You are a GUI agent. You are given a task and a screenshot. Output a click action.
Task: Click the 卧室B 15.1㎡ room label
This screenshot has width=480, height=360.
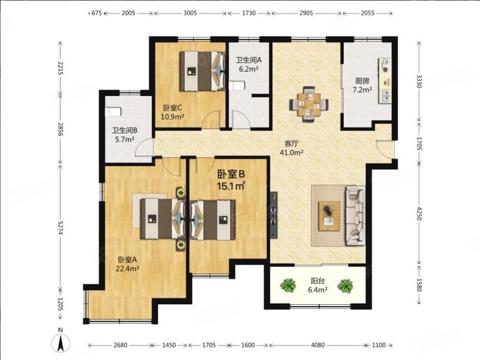[232, 181]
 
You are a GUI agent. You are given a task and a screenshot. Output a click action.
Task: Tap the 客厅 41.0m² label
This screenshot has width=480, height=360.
[292, 148]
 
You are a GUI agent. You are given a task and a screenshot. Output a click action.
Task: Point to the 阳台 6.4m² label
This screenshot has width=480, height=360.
[317, 285]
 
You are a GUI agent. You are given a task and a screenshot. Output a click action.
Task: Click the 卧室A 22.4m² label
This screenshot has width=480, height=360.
[128, 264]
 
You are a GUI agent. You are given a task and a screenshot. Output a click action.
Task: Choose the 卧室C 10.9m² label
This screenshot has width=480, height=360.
[173, 112]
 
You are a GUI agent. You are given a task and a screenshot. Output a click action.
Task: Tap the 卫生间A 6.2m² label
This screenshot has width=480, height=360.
[247, 64]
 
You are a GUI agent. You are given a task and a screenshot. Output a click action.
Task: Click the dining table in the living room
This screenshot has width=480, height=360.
[310, 103]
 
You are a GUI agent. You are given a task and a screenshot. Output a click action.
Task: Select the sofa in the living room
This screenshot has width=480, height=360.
[354, 215]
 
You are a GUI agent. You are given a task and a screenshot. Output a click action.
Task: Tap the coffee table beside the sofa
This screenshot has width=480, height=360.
[328, 215]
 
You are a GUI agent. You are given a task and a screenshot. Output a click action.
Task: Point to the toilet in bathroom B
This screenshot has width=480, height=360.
[112, 112]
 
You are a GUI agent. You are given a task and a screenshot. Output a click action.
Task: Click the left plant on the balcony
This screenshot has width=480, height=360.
[289, 285]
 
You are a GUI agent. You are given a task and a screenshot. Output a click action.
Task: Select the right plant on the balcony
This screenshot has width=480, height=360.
[345, 285]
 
